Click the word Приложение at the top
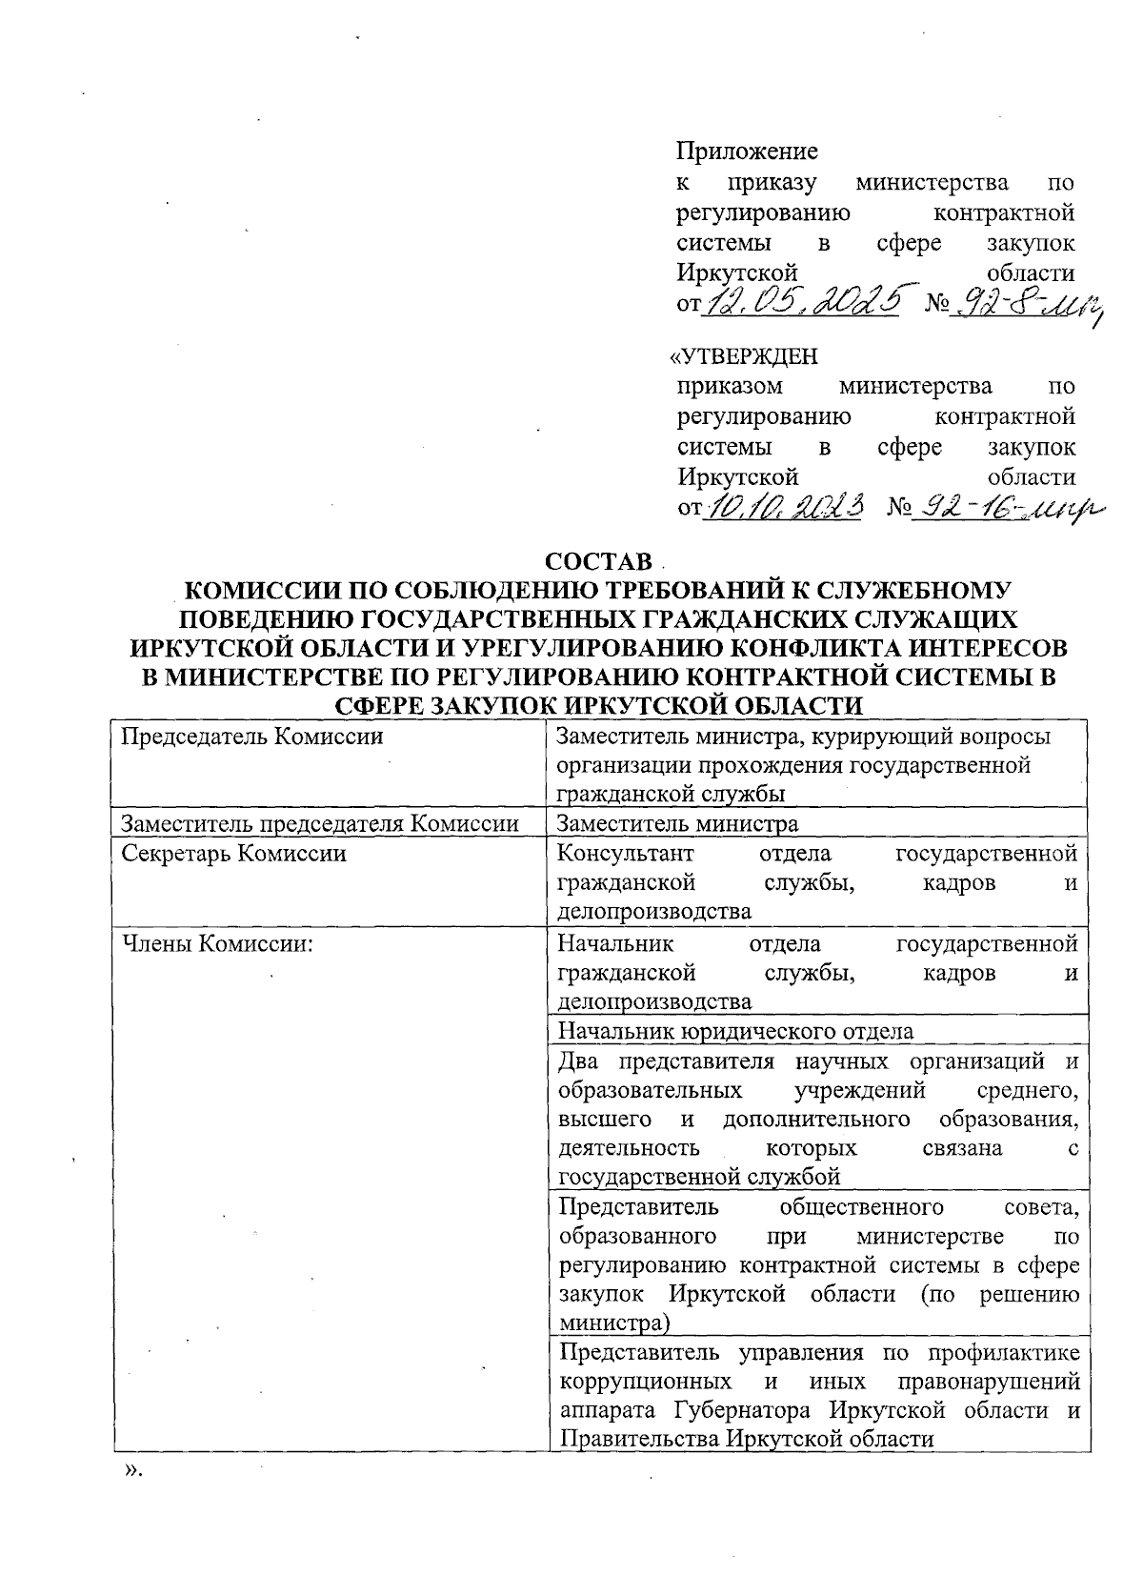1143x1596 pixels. pos(747,152)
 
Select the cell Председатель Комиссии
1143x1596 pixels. pos(252,737)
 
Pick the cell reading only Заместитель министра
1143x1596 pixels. pos(677,823)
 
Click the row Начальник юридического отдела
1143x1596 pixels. pos(735,1031)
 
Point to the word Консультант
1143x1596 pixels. pos(625,853)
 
